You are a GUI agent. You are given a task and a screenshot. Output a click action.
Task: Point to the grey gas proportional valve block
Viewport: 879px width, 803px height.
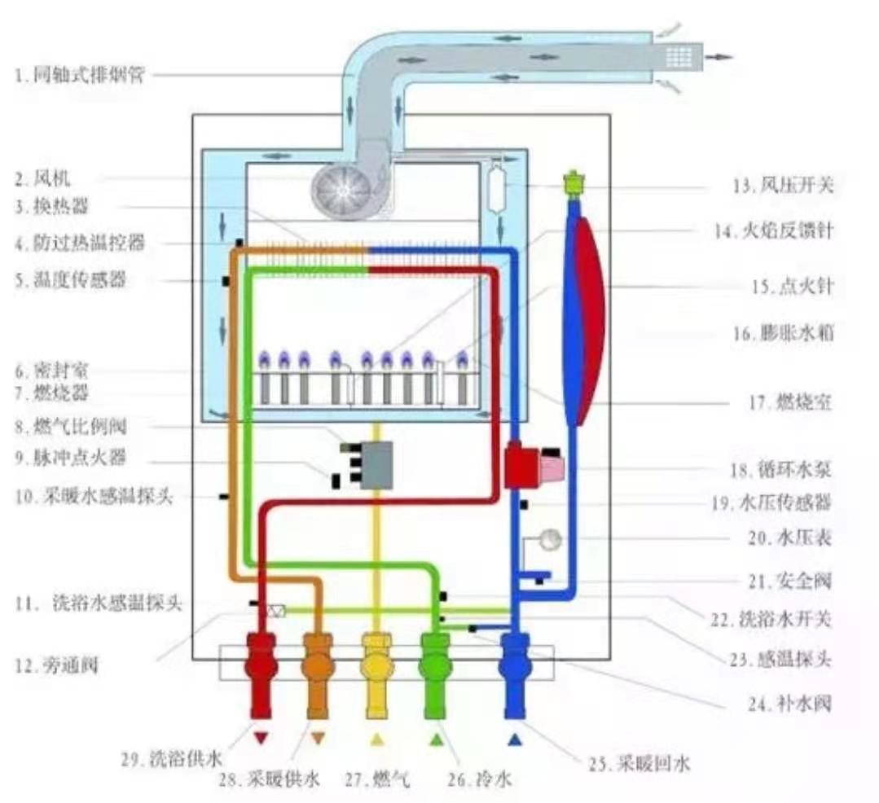377,465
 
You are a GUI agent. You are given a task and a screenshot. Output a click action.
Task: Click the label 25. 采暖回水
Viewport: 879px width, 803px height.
639,764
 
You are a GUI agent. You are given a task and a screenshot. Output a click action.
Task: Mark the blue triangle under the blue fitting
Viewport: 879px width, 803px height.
514,739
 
